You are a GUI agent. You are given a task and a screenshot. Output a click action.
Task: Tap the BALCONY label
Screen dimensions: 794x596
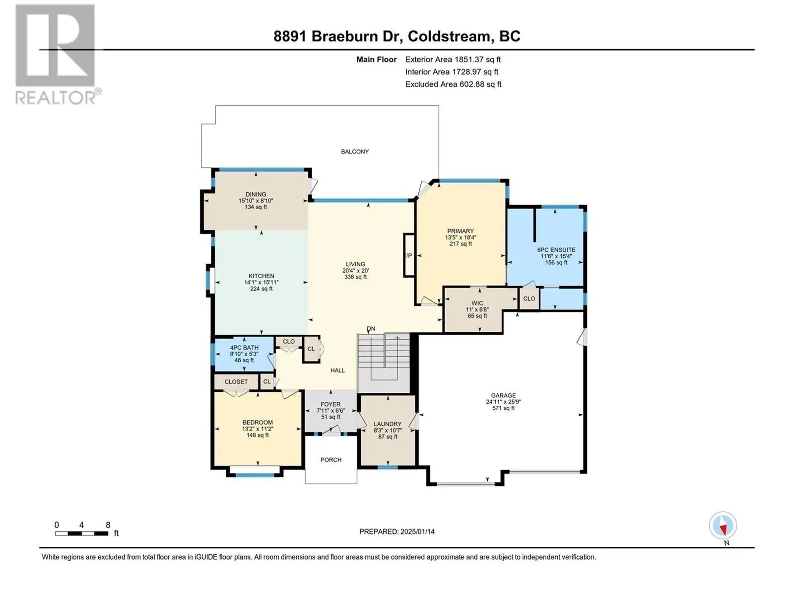tap(354, 151)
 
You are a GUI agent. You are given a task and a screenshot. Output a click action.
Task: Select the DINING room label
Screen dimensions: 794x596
tap(256, 194)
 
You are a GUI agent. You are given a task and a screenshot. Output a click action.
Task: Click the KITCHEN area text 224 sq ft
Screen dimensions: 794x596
tap(261, 289)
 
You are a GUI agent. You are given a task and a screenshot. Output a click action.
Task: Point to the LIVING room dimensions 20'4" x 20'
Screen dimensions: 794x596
tap(355, 271)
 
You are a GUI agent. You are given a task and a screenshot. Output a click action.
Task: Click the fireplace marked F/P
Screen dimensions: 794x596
tap(409, 255)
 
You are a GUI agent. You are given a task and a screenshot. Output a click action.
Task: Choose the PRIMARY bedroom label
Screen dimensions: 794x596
tap(460, 231)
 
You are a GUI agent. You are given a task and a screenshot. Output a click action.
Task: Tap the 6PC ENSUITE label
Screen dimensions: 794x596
tap(556, 250)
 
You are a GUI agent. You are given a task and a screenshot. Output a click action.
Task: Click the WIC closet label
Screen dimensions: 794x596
tap(477, 303)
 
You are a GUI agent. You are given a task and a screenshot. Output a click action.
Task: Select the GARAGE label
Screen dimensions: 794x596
tap(503, 395)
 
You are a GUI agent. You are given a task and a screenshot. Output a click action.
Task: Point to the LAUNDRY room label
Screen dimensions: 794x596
tap(388, 424)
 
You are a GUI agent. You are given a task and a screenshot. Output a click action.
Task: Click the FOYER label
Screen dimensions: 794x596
tap(331, 404)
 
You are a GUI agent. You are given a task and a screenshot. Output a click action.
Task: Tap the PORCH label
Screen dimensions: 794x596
tap(331, 459)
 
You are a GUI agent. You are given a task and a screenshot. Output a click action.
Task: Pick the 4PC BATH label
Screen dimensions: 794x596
tap(244, 347)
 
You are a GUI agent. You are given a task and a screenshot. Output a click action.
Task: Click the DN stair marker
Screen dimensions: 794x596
tap(371, 329)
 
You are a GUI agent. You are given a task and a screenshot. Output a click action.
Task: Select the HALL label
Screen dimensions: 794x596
tap(337, 370)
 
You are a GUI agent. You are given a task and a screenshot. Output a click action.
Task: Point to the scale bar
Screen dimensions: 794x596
tap(81, 533)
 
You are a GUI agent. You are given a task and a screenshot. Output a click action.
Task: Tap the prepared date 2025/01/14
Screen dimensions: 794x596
tap(417, 531)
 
